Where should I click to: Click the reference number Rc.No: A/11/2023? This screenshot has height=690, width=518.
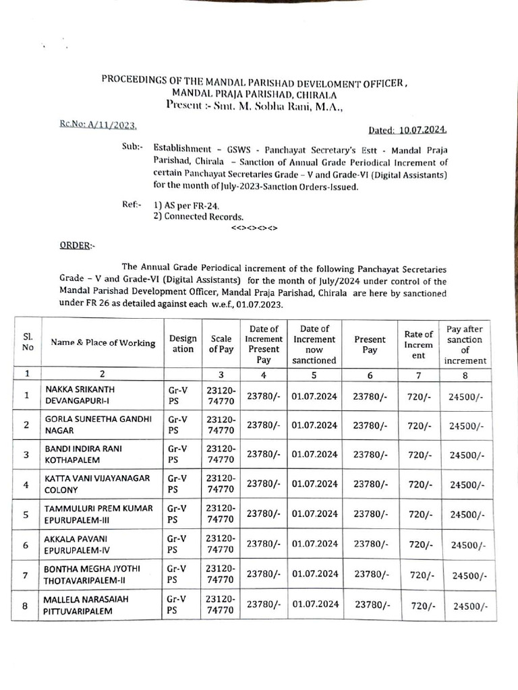point(96,125)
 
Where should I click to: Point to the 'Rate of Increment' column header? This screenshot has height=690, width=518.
point(418,344)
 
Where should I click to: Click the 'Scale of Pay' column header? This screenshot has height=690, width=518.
point(221,344)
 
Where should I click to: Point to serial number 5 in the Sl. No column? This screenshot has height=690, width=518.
point(26,514)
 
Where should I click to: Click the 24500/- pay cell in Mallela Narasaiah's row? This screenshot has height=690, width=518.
point(469,606)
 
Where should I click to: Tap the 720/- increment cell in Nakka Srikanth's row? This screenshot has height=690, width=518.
point(419,396)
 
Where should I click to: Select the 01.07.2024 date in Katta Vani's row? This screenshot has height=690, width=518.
point(314,484)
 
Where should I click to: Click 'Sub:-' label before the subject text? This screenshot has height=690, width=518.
point(133,146)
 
